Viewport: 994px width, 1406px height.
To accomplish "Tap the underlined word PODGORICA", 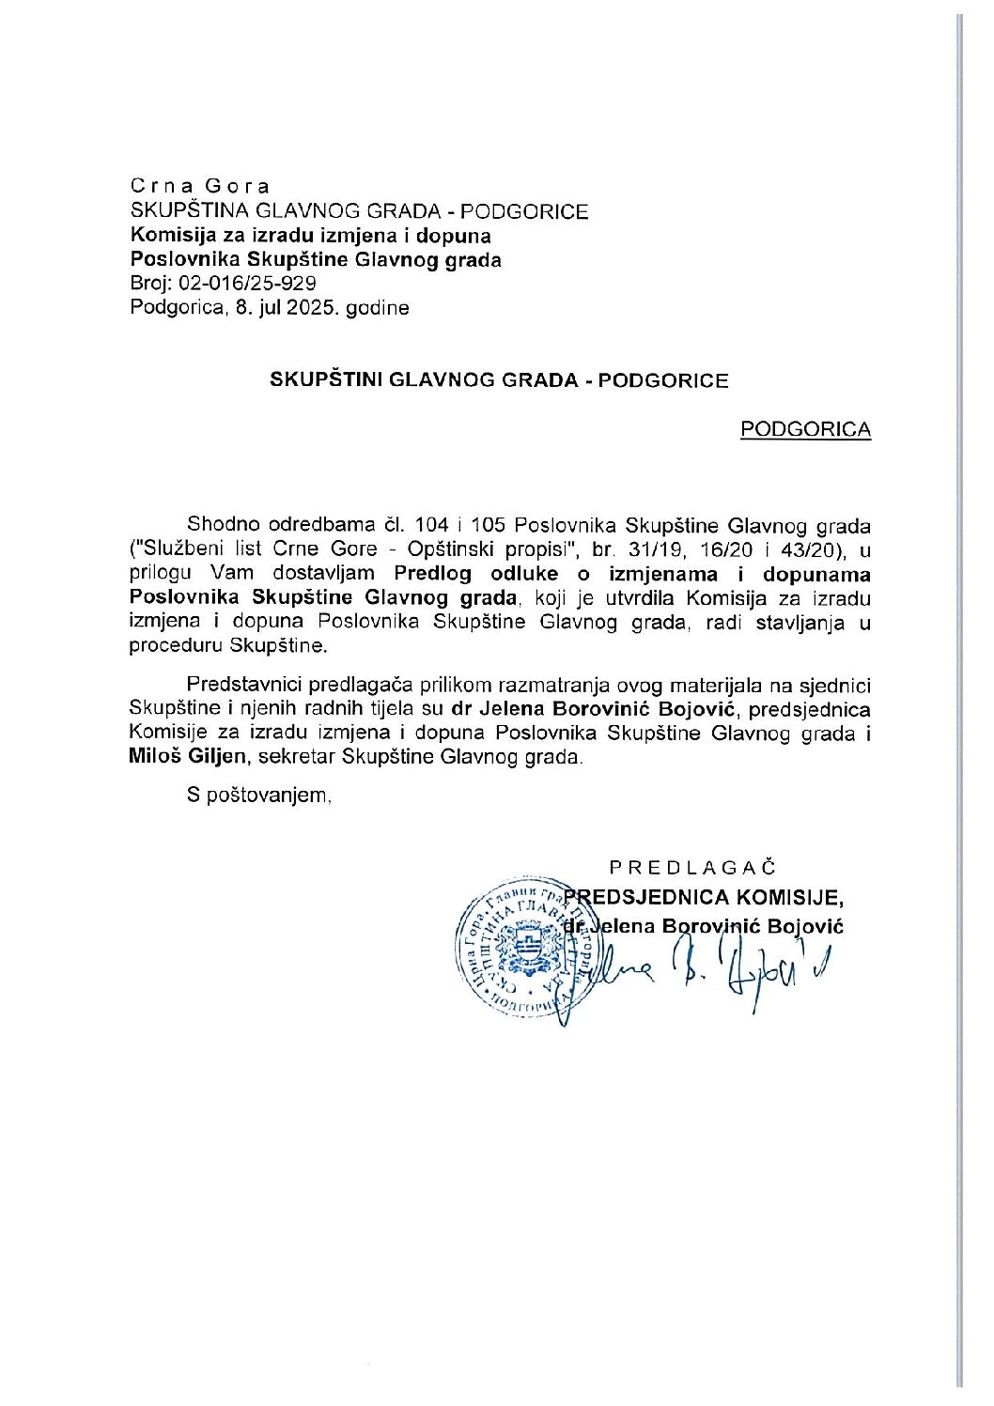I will click(x=805, y=430).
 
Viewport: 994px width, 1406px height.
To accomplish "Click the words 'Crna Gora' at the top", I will click(x=200, y=186).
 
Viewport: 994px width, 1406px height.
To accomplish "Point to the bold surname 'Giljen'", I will click(x=219, y=757).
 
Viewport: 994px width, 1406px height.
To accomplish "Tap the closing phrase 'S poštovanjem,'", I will click(x=259, y=796).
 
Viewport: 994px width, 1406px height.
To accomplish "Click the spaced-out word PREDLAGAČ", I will click(x=692, y=868).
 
